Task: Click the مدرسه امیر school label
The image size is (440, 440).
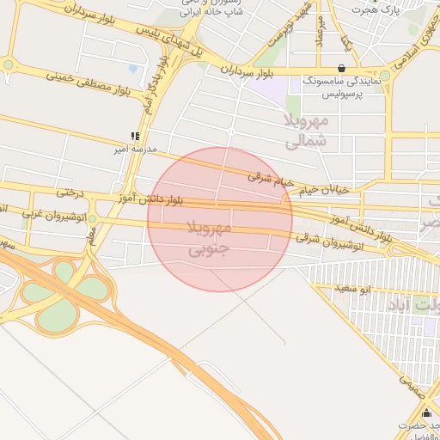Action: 136,149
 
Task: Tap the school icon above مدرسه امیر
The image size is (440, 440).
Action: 134,136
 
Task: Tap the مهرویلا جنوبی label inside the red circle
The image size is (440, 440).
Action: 209,239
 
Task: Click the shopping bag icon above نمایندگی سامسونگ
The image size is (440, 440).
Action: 342,68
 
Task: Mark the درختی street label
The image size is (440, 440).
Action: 70,194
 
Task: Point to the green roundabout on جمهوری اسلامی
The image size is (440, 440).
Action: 385,76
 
